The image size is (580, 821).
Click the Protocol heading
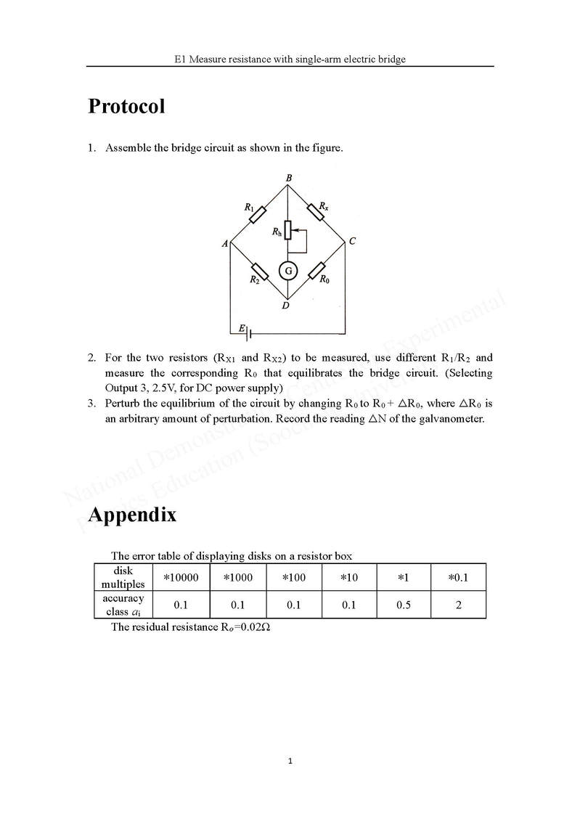coord(126,107)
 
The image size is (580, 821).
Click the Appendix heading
coord(131,515)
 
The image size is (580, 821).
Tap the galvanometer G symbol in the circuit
coord(288,271)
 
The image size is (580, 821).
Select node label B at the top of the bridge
coord(288,178)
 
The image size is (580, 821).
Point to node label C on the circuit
coord(352,242)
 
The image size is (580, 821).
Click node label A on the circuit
coord(225,244)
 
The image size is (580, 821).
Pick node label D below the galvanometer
coord(286,306)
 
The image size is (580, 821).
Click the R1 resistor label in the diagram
coord(249,208)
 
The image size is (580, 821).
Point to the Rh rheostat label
coord(277,232)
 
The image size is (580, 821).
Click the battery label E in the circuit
coord(242,329)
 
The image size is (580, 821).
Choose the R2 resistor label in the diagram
coord(254,279)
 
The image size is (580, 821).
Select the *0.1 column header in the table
coord(458,577)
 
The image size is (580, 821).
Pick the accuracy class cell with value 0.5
coord(404,605)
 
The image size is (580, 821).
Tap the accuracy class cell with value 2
coord(458,605)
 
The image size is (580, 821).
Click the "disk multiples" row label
coord(123,577)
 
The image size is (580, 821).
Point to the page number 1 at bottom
coord(290,761)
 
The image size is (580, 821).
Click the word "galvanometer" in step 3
coord(451,419)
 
